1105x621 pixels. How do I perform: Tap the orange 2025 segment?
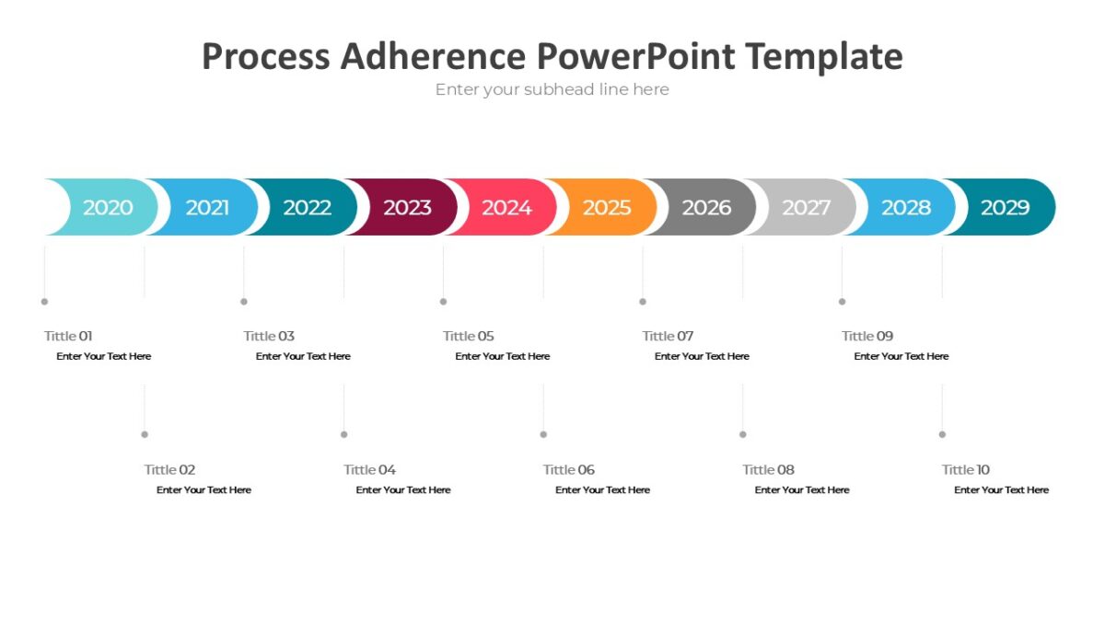[606, 208]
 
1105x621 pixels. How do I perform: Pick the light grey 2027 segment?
[806, 208]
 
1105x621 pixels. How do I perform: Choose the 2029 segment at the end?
[1005, 208]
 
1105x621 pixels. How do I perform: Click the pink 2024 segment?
[506, 208]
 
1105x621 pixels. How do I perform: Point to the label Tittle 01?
[68, 336]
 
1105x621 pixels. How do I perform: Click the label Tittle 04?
[369, 469]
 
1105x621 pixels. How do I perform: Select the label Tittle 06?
[568, 469]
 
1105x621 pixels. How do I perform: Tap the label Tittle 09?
[867, 336]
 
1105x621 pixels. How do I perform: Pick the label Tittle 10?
[965, 469]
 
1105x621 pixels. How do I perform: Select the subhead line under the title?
[552, 89]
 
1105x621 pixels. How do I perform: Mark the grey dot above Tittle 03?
[244, 301]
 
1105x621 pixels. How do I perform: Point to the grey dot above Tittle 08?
[742, 434]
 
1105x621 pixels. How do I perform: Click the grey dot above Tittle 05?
[443, 301]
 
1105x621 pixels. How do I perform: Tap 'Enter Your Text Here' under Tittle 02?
[204, 489]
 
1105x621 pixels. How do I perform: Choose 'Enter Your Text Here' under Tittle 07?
[702, 356]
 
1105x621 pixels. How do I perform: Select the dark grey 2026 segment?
[706, 208]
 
